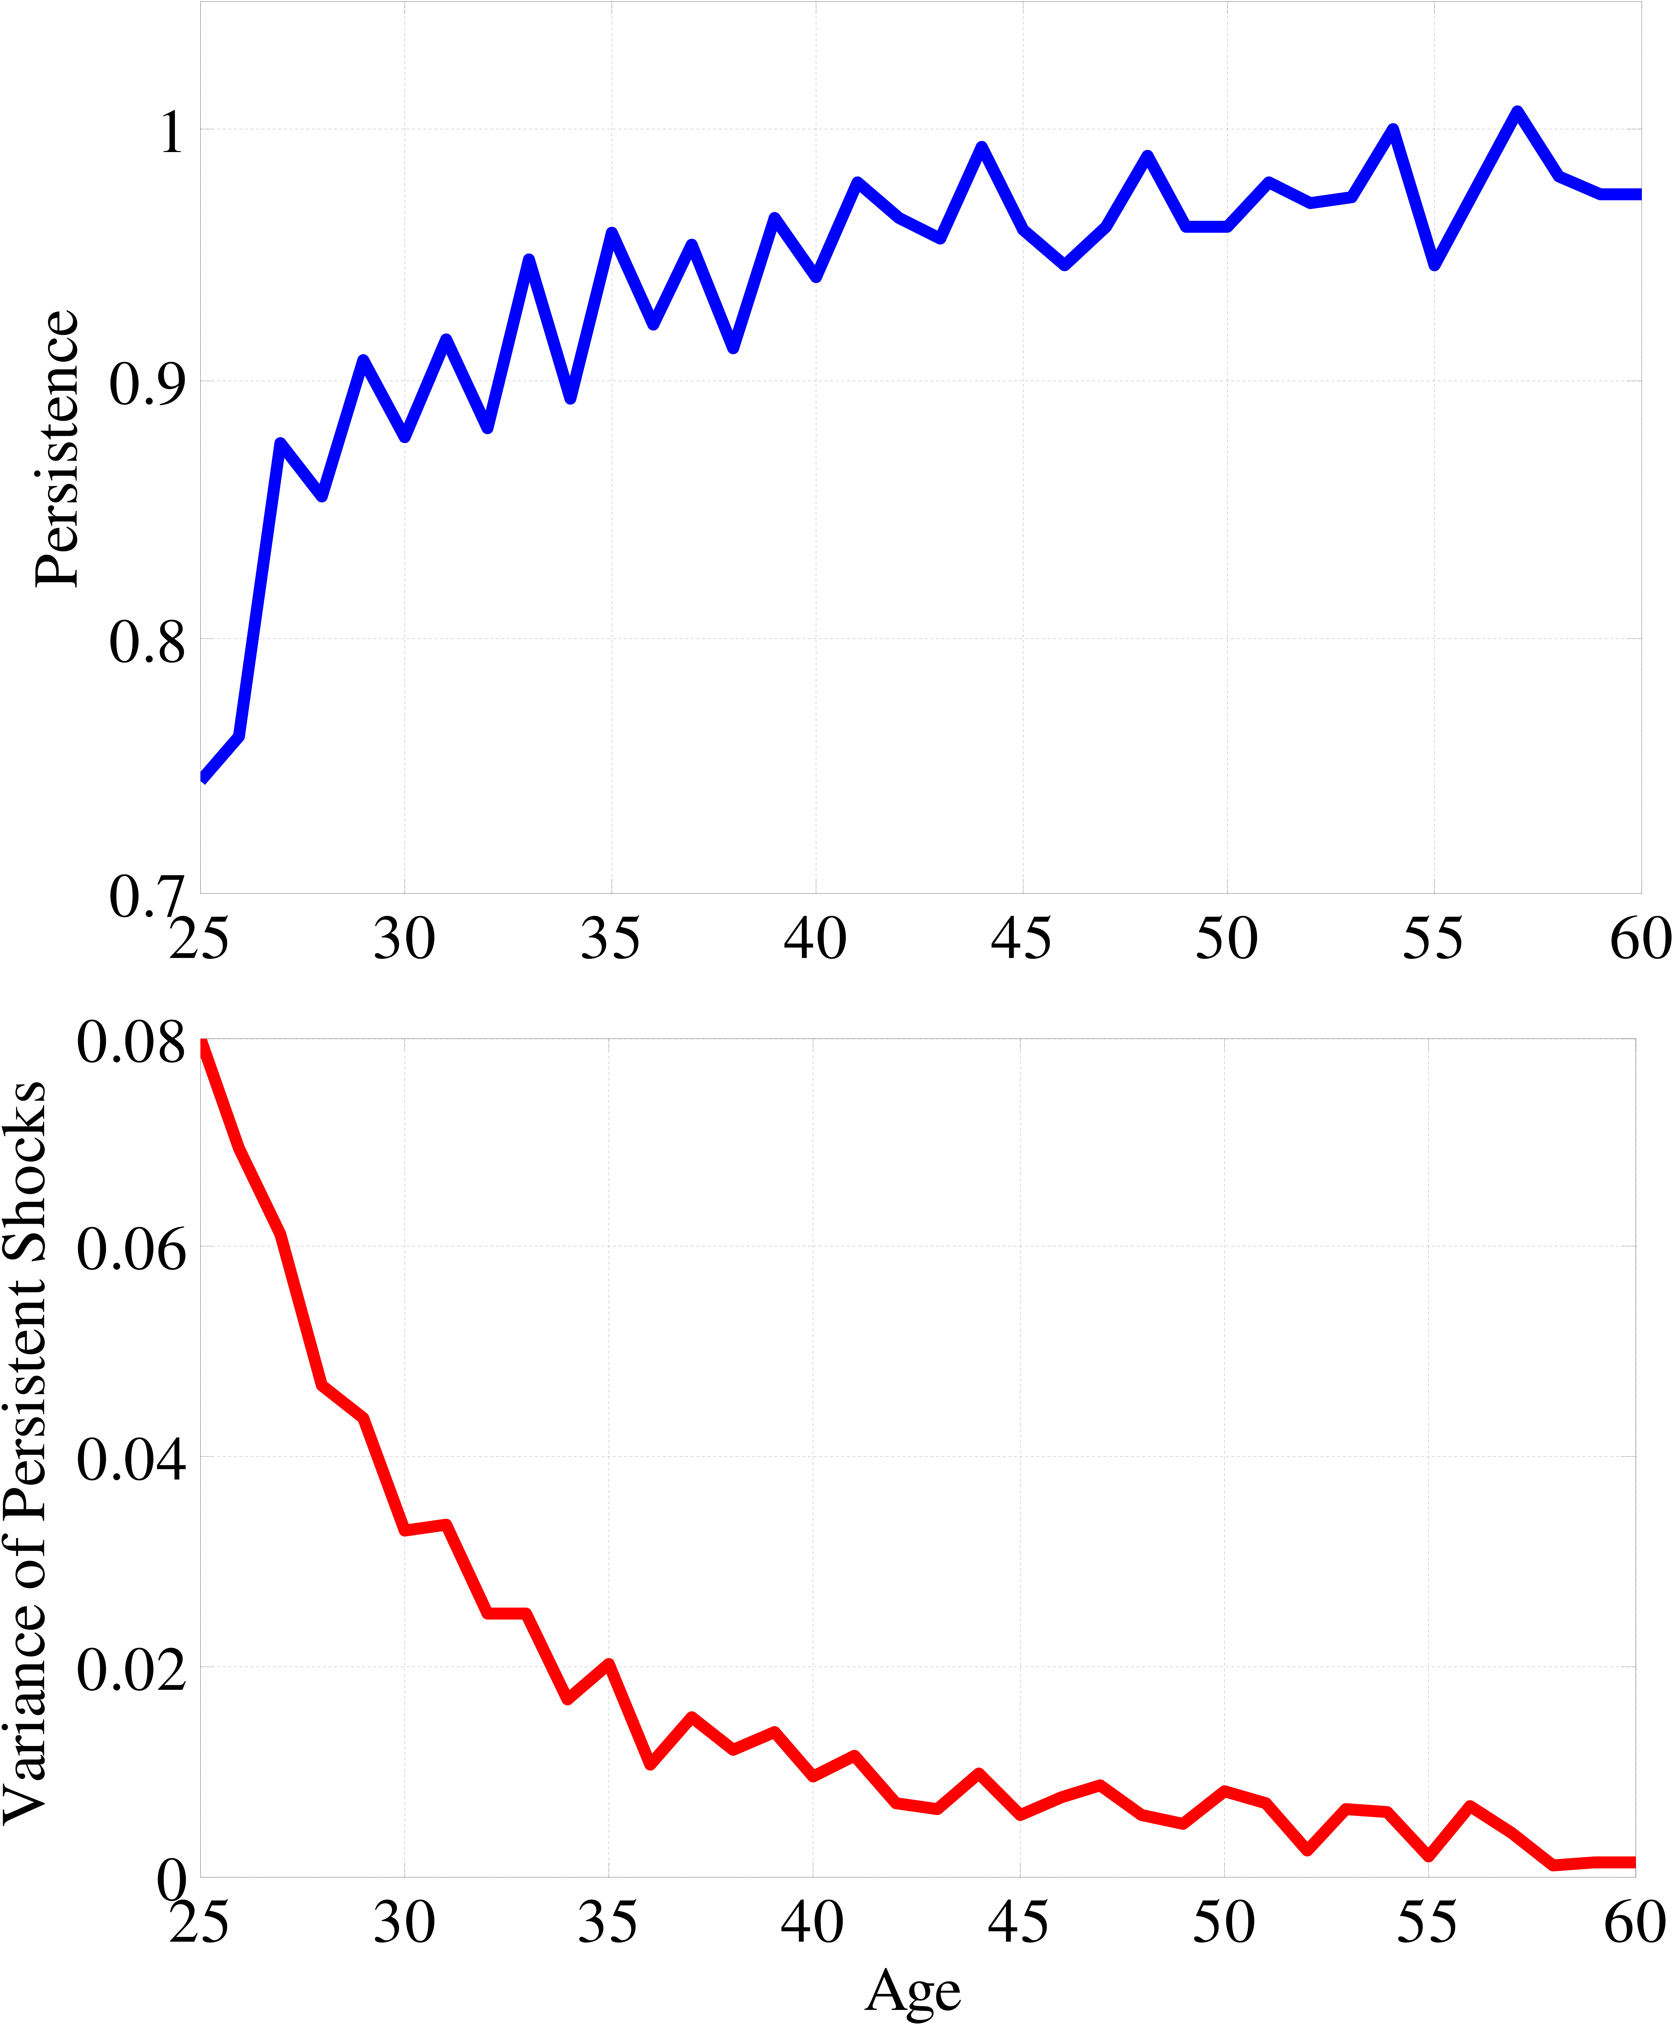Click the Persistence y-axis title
pyautogui.click(x=56, y=448)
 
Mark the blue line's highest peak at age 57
pyautogui.click(x=1517, y=112)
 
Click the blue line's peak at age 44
pyautogui.click(x=981, y=147)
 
